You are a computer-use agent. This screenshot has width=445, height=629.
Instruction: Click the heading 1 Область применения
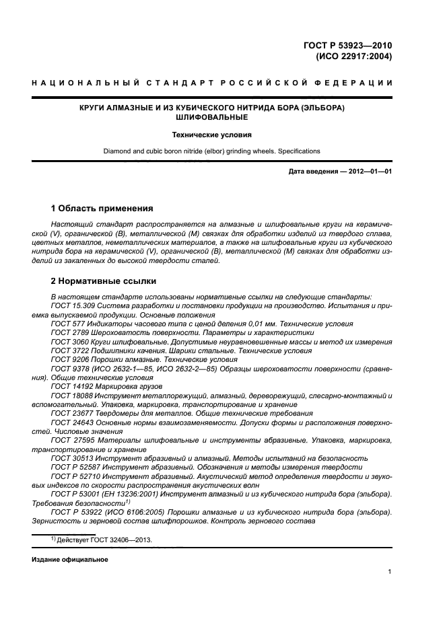tap(102, 208)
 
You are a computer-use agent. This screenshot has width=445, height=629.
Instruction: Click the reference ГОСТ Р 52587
tap(75, 466)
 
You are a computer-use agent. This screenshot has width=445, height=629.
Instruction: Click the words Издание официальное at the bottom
tap(70, 560)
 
